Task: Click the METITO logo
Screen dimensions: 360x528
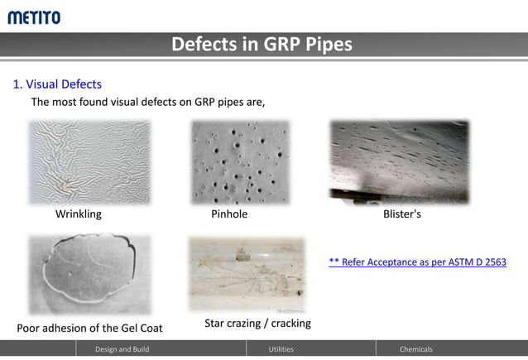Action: click(x=34, y=17)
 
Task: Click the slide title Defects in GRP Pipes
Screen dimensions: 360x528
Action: click(x=262, y=45)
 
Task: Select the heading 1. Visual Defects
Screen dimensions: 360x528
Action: click(x=57, y=84)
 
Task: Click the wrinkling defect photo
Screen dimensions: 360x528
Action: click(x=89, y=161)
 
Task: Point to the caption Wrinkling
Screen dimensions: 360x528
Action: click(x=79, y=214)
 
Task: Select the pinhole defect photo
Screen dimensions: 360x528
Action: click(x=241, y=161)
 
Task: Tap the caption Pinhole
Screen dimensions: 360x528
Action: click(x=229, y=214)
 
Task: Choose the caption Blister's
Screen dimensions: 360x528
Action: click(x=402, y=214)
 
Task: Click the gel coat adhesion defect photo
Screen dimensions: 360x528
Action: click(x=89, y=275)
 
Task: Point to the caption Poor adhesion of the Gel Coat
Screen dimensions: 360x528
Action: click(x=89, y=329)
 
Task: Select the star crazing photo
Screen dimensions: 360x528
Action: click(x=247, y=274)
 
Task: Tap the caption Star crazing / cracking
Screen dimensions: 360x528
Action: click(x=257, y=323)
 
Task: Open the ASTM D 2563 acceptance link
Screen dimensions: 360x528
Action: click(x=417, y=262)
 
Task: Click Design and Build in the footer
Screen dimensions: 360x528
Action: click(x=122, y=349)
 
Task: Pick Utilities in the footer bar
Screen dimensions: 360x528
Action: click(x=281, y=349)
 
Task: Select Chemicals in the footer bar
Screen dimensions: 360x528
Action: click(x=416, y=349)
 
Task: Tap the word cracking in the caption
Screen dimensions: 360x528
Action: click(x=290, y=323)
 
